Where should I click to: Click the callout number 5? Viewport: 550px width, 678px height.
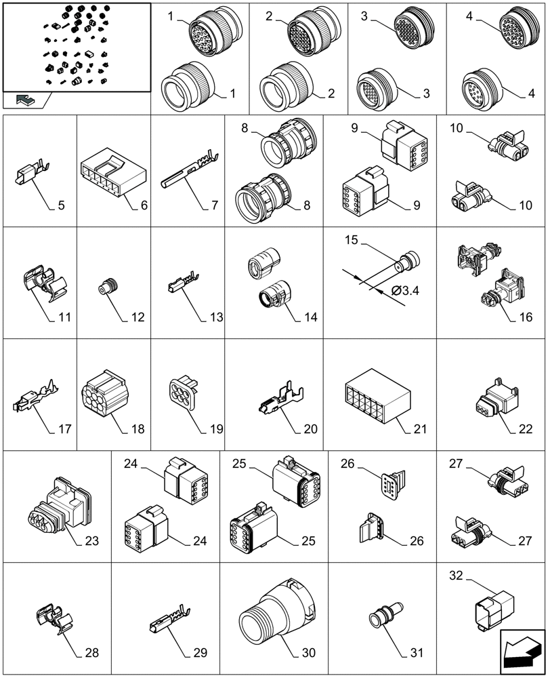click(61, 205)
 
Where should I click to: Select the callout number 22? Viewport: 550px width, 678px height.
click(525, 428)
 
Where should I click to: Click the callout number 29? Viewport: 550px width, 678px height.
click(200, 653)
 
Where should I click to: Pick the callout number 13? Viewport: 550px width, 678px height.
click(217, 316)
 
